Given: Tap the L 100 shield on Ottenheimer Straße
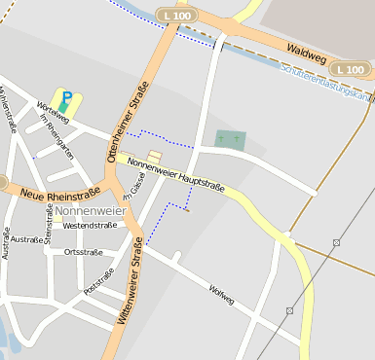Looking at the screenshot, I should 178,17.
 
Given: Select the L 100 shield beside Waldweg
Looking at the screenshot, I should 350,69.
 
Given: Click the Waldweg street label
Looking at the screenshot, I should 305,52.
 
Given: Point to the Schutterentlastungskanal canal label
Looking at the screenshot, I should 326,84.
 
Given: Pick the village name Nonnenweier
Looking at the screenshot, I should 91,210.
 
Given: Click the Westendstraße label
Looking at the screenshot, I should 89,225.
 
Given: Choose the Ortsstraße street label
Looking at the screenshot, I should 83,252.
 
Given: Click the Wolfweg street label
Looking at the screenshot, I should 221,294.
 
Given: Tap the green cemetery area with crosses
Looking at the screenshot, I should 231,140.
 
